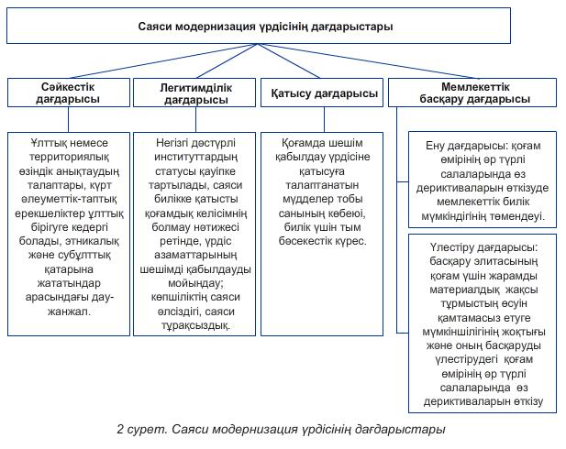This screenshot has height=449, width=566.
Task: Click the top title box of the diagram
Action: point(283,27)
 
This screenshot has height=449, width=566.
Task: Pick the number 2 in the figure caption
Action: point(119,430)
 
